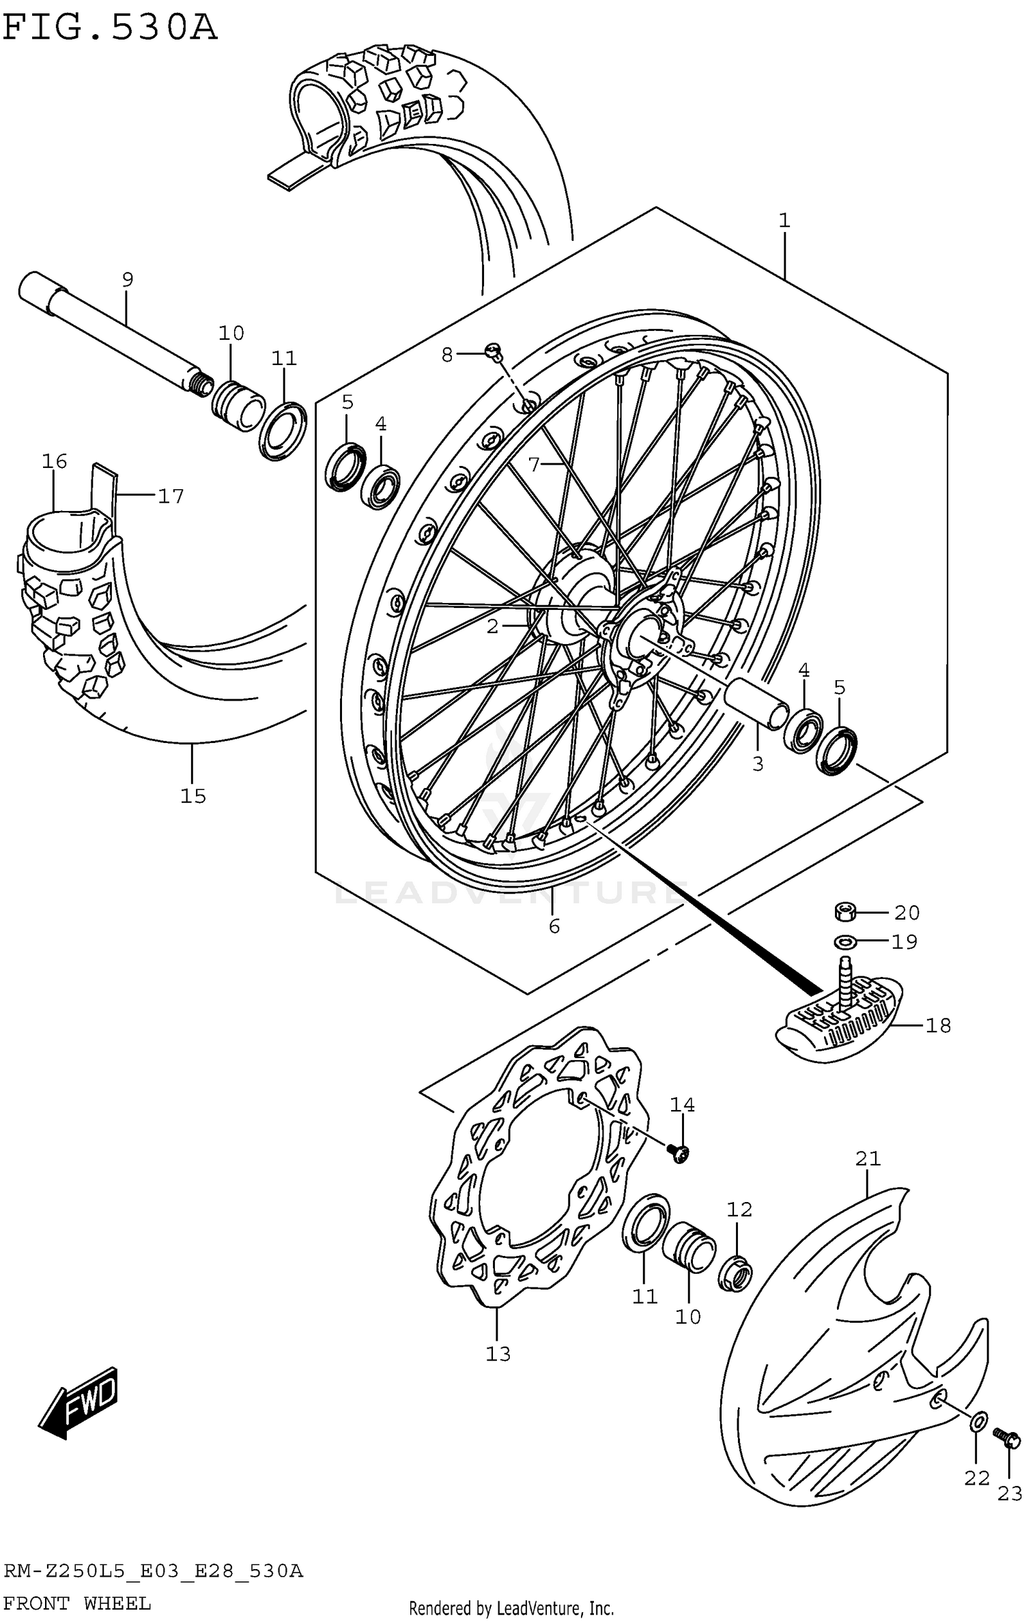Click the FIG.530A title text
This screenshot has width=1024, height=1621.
(x=109, y=29)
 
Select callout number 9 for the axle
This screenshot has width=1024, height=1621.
(x=128, y=278)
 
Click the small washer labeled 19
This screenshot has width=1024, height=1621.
(x=845, y=941)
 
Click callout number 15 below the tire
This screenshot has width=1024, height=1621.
(x=193, y=795)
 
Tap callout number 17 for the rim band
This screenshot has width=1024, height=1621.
(x=171, y=496)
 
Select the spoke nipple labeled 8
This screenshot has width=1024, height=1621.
(x=493, y=351)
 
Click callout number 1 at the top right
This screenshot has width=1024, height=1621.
(x=784, y=220)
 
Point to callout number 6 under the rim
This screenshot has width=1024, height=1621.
(x=554, y=926)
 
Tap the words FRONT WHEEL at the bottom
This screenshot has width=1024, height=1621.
(x=76, y=1603)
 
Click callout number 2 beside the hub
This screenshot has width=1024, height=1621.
(x=493, y=626)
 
